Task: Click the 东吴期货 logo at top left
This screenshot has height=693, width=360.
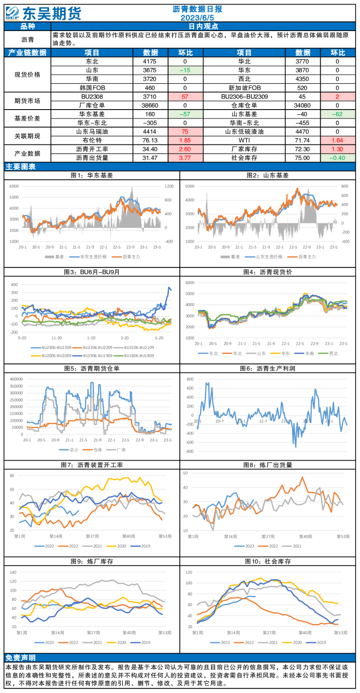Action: pos(43,13)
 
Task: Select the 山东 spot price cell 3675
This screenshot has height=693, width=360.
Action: pos(150,70)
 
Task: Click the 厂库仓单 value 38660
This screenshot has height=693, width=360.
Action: pos(150,105)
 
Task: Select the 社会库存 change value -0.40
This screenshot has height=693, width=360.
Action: pos(337,158)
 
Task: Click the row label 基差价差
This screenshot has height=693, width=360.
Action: pos(28,118)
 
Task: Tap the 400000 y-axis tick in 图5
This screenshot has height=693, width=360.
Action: pos(16,378)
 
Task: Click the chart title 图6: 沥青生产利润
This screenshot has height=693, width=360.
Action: pos(267,368)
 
